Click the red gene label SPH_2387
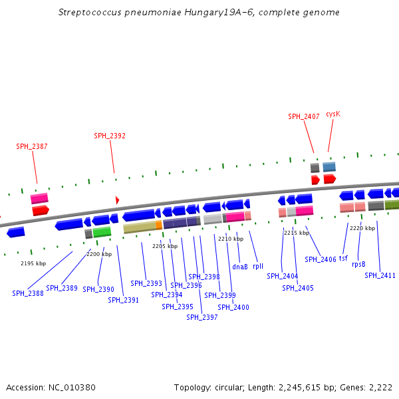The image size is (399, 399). pos(32,146)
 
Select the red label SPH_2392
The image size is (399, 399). pos(110,136)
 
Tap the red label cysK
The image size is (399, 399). pos(333,114)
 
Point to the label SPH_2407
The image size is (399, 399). pos(303,116)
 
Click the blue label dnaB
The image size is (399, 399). pos(240,267)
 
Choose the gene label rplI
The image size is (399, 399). pos(258,267)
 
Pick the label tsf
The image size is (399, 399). pos(343,258)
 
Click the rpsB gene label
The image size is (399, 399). pos(358,264)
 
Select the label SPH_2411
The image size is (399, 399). pos(380,275)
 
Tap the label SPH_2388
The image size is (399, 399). pos(28,293)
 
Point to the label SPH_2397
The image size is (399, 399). pos(201,317)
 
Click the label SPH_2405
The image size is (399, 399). pos(297,288)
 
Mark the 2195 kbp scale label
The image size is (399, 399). pos(33,263)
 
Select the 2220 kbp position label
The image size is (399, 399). pos(362,228)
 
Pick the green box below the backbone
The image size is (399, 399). pos(102,232)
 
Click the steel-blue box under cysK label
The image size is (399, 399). pos(329,167)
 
